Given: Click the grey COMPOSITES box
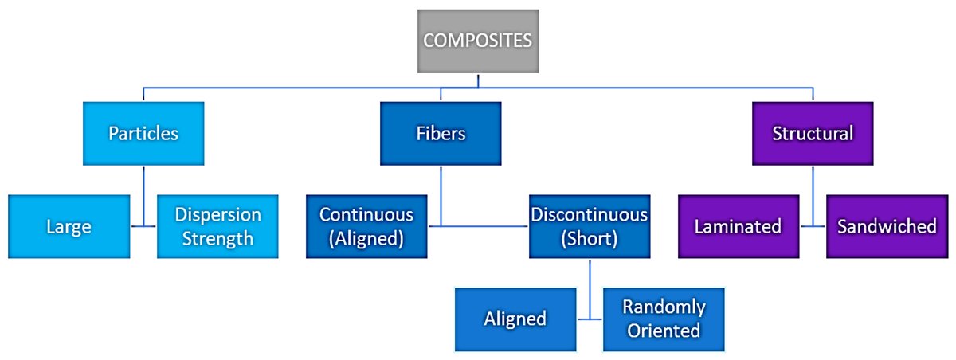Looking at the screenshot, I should point(477,41).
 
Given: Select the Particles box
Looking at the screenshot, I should point(143,133).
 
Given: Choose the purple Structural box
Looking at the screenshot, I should point(813,133).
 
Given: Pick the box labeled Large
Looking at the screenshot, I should point(69,226).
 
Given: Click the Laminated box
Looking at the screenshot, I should point(738,226).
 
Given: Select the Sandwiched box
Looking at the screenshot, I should point(887,226).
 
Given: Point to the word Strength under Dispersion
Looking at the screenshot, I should point(217,237).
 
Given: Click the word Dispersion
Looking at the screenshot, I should point(217,215).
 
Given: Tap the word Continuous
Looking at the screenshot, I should point(366,214).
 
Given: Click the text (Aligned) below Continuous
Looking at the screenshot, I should point(366,238).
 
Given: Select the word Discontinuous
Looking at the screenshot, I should point(589,214).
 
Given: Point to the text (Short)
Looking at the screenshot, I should point(589,238).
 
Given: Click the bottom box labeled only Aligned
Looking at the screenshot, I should point(515,319).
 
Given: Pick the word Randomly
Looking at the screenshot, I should point(664,307).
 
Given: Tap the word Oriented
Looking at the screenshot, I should point(664,330).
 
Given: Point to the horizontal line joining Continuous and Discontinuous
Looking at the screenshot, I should point(478,226).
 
